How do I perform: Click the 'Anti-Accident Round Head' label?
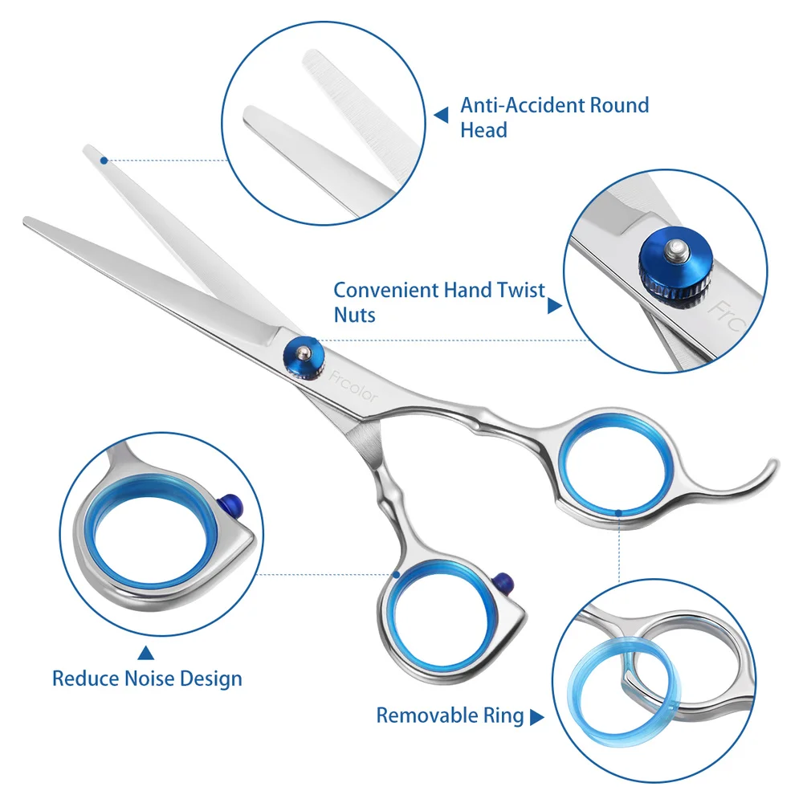[554, 116]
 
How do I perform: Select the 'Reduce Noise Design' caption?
[147, 679]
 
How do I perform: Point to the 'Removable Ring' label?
[450, 715]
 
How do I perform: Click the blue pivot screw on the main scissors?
[303, 354]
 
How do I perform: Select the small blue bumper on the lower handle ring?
[503, 580]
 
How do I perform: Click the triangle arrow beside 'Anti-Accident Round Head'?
[441, 116]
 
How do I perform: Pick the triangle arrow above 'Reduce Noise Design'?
[145, 653]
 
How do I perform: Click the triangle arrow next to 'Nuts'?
[554, 305]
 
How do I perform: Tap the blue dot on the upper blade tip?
[104, 161]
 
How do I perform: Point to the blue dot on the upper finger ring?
[618, 511]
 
